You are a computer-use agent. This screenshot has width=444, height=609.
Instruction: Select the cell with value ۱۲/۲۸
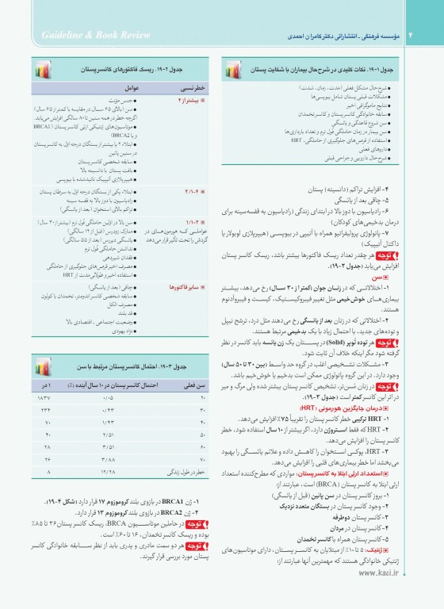tap(109, 471)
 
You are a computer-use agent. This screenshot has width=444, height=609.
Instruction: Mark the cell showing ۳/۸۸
tap(109, 458)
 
